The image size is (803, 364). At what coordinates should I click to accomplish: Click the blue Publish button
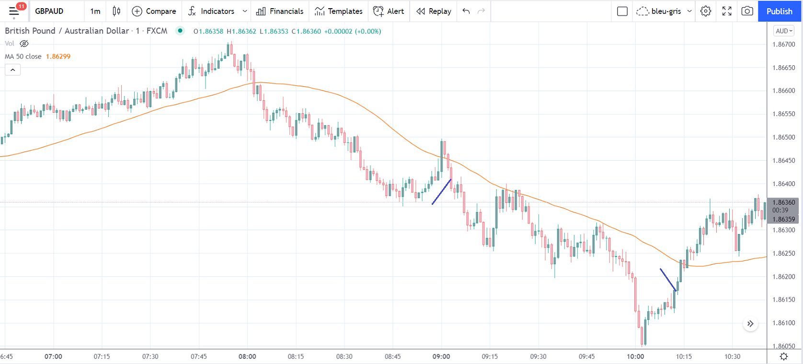[779, 11]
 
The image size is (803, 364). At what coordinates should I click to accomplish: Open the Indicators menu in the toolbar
[212, 11]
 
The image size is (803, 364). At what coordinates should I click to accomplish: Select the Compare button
[154, 11]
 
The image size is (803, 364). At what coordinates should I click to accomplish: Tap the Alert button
[389, 11]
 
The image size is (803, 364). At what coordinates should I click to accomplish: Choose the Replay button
[434, 11]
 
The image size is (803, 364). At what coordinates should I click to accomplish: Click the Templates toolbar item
[339, 11]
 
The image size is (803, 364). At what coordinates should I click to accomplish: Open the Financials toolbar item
[280, 11]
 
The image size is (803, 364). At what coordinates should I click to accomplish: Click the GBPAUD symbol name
[49, 11]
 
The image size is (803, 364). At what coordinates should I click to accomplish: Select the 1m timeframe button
[95, 11]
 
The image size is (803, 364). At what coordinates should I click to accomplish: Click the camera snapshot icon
[747, 11]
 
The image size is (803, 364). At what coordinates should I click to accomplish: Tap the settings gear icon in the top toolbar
[706, 11]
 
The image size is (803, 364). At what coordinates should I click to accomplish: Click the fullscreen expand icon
[727, 11]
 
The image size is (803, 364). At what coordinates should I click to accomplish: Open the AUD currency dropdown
[784, 31]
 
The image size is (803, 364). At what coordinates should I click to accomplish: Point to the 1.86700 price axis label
[783, 45]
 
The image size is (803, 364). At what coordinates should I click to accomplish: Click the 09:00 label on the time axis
[441, 356]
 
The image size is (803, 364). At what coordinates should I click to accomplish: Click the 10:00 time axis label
[635, 356]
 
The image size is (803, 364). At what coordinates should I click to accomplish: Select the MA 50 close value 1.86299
[58, 57]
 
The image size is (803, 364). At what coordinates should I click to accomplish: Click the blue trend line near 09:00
[441, 192]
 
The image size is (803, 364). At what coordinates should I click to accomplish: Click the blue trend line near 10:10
[668, 280]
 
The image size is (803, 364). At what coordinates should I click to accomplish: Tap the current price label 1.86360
[783, 202]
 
